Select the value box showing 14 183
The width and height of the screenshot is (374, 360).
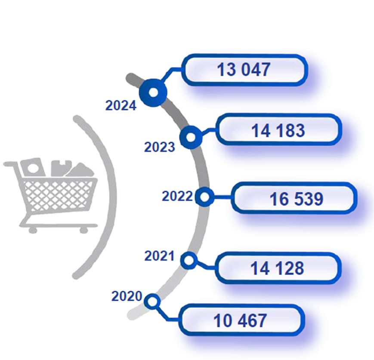[x=278, y=130]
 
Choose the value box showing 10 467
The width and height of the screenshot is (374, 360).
[x=242, y=320]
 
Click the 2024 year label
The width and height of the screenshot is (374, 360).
[x=121, y=105]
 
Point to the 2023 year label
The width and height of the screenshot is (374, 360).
[x=160, y=147]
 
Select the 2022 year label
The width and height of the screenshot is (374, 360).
[x=177, y=196]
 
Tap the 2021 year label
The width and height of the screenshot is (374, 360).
[x=159, y=256]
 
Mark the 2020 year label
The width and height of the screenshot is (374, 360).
[x=127, y=296]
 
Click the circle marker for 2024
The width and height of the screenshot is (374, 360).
[x=153, y=92]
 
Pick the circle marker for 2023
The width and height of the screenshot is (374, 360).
[x=191, y=137]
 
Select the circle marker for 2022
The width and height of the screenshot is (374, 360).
[x=204, y=197]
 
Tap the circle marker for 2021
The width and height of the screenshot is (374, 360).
[x=189, y=260]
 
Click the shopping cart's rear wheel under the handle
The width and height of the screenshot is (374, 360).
[x=33, y=230]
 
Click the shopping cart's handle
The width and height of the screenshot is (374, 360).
[x=11, y=164]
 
